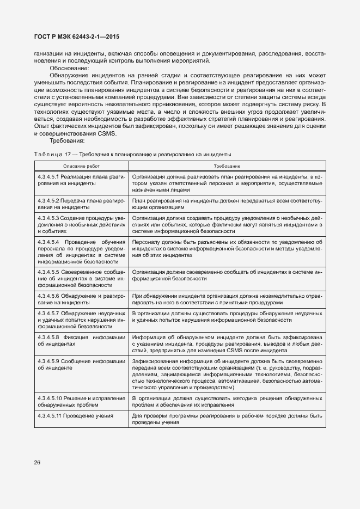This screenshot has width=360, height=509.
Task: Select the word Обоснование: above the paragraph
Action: tap(69, 68)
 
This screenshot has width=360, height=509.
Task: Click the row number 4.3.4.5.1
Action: tap(49, 177)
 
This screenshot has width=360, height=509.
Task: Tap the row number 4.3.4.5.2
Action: tap(49, 201)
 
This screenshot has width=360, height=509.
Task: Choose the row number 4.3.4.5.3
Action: tap(49, 218)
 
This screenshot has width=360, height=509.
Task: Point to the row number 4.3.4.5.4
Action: tap(49, 241)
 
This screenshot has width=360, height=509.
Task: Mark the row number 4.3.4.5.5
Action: tap(49, 272)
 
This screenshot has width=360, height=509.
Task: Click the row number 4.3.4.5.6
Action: tap(49, 296)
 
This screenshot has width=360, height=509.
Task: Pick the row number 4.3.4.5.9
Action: tap(49, 361)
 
